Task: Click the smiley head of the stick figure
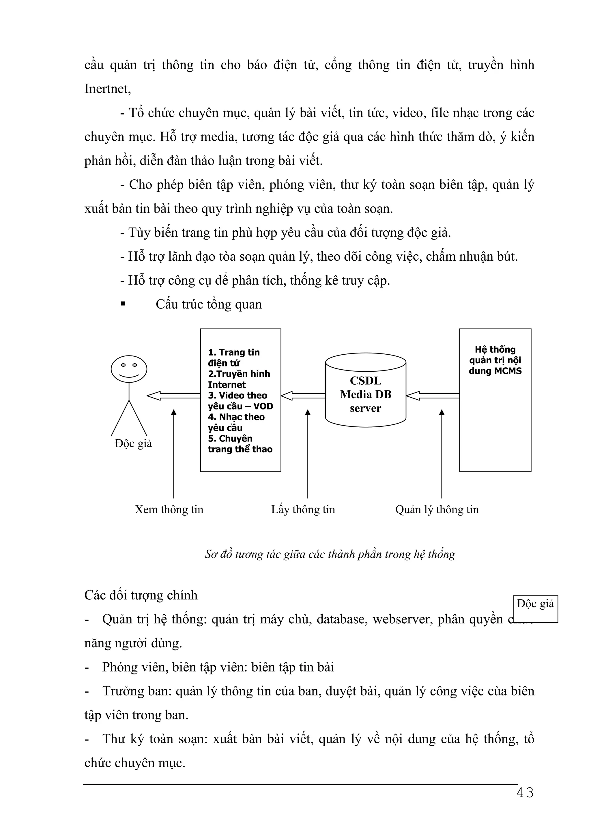click(129, 369)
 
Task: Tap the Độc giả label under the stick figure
click(133, 443)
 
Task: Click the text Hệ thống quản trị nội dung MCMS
click(495, 360)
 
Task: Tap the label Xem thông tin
click(169, 509)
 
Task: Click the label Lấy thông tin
click(303, 509)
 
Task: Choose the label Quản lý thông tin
click(437, 509)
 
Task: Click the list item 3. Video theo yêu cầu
click(240, 401)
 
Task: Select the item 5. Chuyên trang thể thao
click(240, 444)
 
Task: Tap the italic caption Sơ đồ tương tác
click(330, 554)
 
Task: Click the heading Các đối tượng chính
click(141, 595)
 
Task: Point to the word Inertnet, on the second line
click(107, 89)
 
